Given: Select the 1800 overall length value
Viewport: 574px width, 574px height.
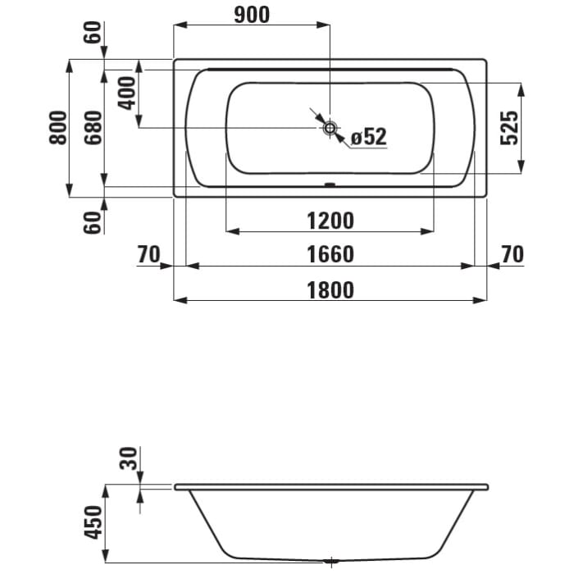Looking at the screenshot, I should [331, 289].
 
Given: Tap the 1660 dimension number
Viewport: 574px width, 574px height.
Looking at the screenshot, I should [331, 255].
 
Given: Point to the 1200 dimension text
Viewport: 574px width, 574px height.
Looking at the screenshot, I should [331, 221].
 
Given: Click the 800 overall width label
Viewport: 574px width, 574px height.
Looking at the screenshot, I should [57, 127].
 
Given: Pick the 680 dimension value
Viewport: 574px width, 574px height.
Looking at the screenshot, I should [93, 127].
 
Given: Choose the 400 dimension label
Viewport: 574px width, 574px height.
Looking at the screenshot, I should [126, 93].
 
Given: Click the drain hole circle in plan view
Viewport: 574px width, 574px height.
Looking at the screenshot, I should [330, 127].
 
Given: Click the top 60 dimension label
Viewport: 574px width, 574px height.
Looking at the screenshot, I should [93, 33].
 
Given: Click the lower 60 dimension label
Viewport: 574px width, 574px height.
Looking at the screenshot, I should [93, 221].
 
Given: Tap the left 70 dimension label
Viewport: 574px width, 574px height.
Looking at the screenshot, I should [148, 255].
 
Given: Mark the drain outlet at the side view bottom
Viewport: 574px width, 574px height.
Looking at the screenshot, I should [330, 563].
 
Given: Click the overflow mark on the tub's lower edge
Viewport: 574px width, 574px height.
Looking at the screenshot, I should [330, 184].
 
